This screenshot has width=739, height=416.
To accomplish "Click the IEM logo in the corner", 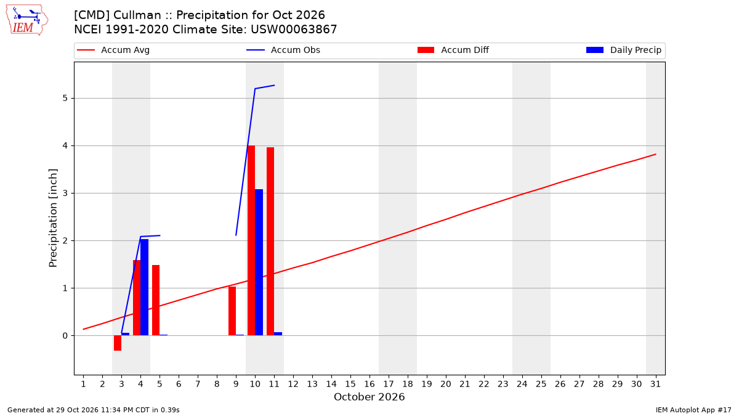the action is tap(27, 20).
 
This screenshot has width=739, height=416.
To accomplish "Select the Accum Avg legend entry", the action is tap(113, 50).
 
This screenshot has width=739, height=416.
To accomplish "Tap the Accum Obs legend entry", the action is tap(283, 50).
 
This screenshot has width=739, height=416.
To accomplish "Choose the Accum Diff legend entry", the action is tap(453, 50).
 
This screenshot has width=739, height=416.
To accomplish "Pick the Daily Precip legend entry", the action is tap(624, 50).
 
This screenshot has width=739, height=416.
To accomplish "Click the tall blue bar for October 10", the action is tap(259, 263).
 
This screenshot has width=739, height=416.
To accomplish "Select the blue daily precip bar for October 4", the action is tap(145, 287).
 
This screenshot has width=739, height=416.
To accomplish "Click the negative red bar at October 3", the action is tap(118, 343).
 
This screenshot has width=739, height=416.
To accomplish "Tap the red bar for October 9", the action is tap(232, 311).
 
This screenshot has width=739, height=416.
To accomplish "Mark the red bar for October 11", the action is tap(270, 242).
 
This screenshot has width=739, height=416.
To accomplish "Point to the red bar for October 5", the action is tap(156, 300).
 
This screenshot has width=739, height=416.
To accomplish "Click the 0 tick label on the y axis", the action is tap(65, 336).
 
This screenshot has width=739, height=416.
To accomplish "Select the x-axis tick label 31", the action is tap(655, 385).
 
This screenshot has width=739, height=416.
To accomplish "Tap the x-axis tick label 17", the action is tap(389, 385).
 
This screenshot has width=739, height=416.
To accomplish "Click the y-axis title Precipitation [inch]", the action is tap(53, 218).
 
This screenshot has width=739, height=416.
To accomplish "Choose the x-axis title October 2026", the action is tap(369, 397).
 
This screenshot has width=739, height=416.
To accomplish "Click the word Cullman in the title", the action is tap(137, 15).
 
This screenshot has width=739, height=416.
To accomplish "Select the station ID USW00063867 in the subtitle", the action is tap(294, 30).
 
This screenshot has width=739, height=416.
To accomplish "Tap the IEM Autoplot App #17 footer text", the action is tap(693, 410).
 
